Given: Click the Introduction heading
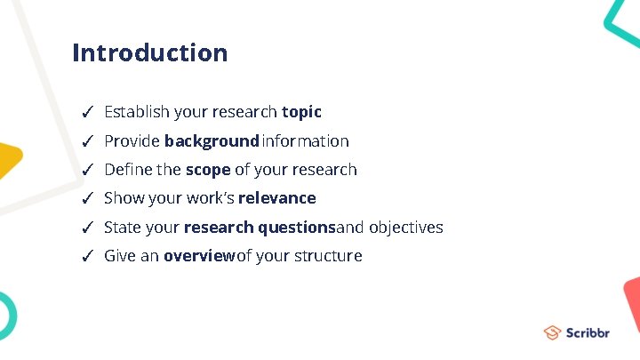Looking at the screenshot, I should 149,53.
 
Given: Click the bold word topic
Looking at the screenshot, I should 301,112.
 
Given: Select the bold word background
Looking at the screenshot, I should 211,141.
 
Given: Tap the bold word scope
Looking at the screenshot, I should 208,170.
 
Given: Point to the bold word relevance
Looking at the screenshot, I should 276,198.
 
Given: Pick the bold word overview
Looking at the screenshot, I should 199,256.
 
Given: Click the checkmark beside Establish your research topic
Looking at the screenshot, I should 87,113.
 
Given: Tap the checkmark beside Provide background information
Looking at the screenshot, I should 87,141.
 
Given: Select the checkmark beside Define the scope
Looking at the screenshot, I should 87,171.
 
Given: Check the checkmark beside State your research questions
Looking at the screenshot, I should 87,228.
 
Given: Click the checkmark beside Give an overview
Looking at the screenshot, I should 87,257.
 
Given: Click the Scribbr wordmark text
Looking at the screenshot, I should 588,333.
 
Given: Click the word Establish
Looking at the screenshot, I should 137,112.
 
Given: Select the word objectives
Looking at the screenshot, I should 405,228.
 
